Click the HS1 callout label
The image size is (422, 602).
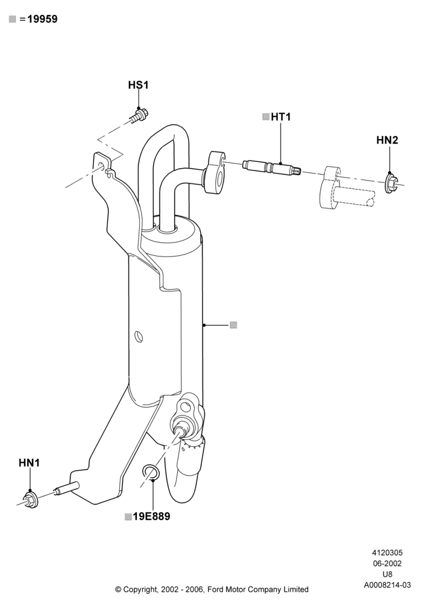(139, 85)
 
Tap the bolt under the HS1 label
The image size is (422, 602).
(139, 115)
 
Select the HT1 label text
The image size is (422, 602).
(281, 117)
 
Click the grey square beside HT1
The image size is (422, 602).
(266, 117)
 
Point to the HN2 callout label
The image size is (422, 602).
(387, 140)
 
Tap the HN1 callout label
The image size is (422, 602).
(29, 463)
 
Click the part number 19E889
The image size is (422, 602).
(151, 517)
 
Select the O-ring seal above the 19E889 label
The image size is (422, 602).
(150, 472)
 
